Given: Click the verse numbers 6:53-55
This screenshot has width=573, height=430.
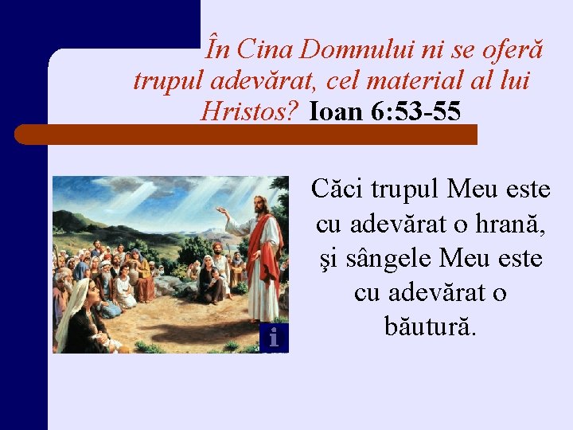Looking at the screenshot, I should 415,111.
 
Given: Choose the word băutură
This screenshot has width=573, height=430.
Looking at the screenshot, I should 430,327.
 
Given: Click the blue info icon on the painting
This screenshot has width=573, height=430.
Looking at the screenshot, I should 273,338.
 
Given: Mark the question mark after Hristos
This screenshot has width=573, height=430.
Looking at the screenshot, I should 294,111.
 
